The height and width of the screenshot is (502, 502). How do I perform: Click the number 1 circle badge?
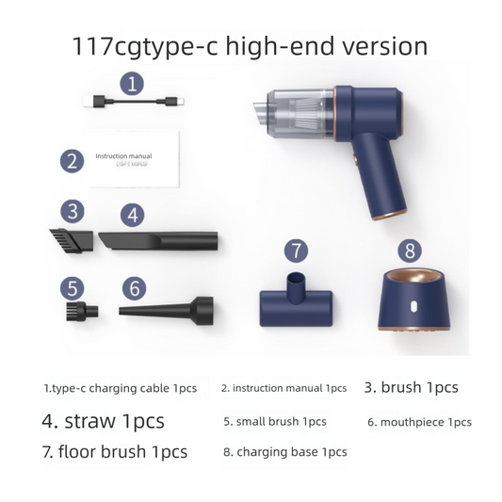click(x=133, y=83)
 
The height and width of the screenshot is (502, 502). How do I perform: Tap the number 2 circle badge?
click(x=72, y=160)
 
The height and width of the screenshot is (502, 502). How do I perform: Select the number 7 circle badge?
click(x=296, y=251)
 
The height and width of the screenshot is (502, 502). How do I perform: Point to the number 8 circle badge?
click(x=409, y=251)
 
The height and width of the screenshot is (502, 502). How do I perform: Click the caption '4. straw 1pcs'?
click(x=103, y=420)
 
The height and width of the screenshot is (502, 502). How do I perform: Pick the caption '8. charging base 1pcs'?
click(x=284, y=452)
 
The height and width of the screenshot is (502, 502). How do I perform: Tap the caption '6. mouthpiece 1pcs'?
click(x=419, y=422)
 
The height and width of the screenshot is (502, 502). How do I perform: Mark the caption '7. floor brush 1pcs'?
click(x=114, y=451)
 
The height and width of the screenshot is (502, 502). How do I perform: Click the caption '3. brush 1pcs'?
click(x=412, y=387)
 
